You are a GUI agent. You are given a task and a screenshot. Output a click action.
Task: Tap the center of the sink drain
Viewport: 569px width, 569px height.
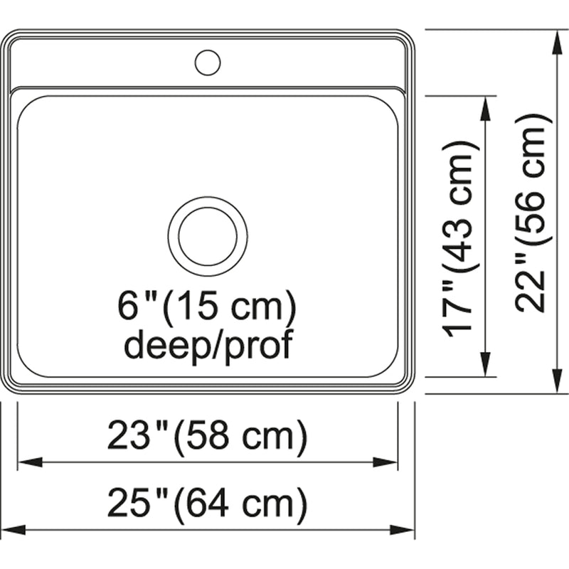pos(208,237)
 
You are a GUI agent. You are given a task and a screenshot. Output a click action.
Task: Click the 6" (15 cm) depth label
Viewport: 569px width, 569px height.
pos(207,307)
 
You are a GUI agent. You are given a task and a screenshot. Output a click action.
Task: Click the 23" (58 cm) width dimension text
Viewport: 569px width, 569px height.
pos(207,435)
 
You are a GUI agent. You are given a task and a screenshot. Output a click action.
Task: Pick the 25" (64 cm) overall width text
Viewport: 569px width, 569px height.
pos(207,504)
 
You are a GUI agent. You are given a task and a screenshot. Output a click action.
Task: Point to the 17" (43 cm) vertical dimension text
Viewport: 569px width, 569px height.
pos(458,239)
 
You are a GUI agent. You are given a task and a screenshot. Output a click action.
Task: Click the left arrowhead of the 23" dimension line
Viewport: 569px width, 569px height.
pos(31,462)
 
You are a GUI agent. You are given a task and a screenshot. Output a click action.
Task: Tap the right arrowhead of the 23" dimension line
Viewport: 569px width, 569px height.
pos(385,462)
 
